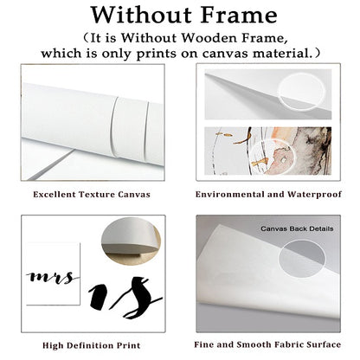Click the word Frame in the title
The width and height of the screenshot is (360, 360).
(239, 15)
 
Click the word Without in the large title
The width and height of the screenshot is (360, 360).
(142, 15)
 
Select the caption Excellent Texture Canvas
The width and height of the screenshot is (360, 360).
(92, 195)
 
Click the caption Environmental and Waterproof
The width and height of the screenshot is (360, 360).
(268, 195)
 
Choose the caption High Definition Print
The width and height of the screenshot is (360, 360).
(92, 345)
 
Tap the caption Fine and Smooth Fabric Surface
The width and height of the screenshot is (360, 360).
(267, 344)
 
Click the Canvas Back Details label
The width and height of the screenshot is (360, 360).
(297, 228)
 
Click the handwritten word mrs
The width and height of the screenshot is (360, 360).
(53, 278)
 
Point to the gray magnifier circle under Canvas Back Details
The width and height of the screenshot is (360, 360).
(302, 259)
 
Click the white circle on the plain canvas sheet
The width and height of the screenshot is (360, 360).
(300, 93)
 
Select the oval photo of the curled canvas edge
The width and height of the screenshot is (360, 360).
(131, 241)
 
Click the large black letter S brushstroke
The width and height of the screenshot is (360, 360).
(136, 297)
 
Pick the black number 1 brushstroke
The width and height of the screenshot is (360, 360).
(98, 296)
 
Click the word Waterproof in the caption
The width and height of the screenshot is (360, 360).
(314, 195)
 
